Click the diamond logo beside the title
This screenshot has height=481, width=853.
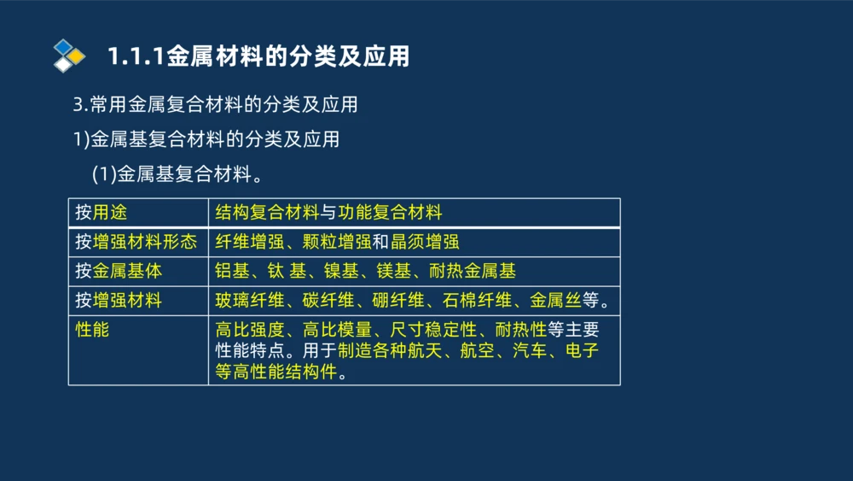[x=69, y=56]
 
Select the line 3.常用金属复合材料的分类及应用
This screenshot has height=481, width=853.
[x=215, y=105]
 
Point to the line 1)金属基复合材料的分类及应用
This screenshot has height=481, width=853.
[x=206, y=139]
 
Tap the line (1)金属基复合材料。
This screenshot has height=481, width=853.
[x=176, y=174]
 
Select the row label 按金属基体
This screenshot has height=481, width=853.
[x=118, y=272]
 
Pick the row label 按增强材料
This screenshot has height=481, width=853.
[x=118, y=301]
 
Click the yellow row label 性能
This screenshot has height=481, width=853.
[x=92, y=329]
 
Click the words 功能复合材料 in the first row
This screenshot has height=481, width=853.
[x=391, y=212]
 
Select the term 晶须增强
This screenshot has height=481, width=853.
[x=425, y=242]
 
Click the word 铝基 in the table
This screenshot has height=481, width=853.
[x=232, y=272]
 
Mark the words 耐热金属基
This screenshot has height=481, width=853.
[x=473, y=272]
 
